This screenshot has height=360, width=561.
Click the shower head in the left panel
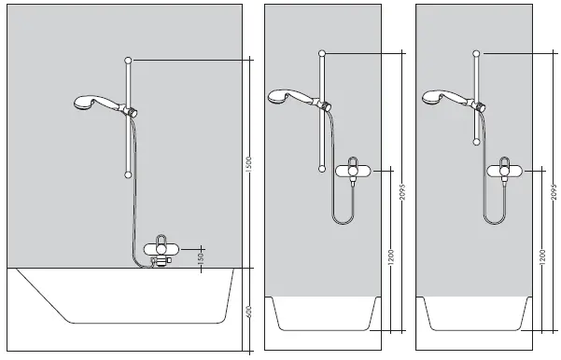[82, 103]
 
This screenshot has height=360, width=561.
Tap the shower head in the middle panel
[280, 95]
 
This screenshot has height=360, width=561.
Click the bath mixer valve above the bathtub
[163, 250]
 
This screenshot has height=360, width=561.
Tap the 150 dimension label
[202, 258]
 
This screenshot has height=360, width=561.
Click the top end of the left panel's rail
[128, 61]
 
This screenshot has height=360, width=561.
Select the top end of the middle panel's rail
[323, 52]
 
